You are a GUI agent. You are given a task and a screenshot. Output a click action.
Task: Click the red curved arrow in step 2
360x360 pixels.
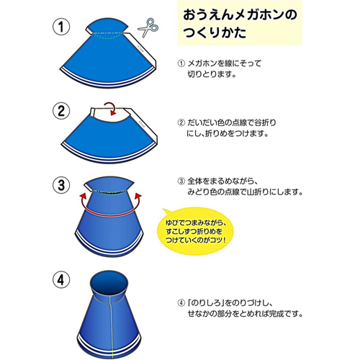coord(112,109)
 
